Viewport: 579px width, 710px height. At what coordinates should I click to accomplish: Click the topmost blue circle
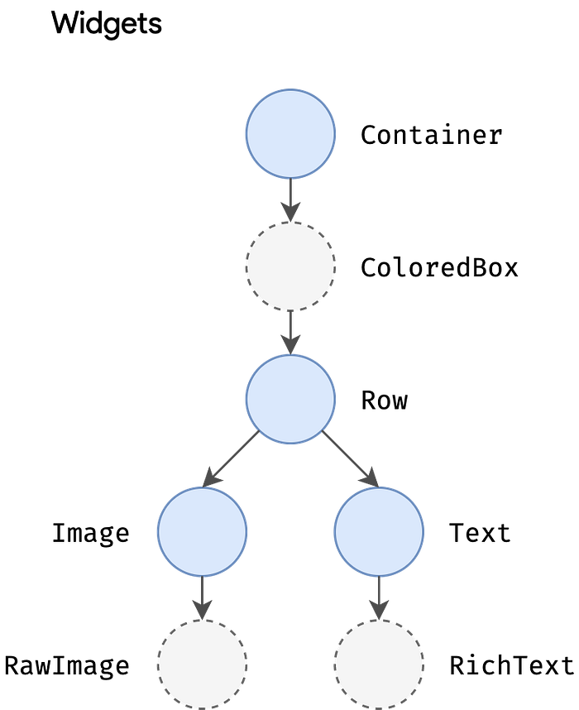290,133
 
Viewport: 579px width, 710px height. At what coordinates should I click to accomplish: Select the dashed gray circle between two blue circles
290,266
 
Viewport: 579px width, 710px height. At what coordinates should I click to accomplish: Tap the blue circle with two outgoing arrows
290,399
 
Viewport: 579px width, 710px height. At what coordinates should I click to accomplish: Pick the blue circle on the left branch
202,531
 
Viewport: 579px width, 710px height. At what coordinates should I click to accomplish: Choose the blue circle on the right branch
379,531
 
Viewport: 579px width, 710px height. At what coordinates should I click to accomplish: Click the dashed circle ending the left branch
202,664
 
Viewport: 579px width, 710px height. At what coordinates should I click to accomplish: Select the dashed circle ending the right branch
379,664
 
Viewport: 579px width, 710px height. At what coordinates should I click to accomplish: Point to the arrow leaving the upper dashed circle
290,329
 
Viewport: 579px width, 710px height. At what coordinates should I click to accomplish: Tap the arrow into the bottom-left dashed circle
202,593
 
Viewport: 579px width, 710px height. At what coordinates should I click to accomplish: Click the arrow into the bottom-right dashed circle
379,593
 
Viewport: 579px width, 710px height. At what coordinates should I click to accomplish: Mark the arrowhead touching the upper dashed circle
290,212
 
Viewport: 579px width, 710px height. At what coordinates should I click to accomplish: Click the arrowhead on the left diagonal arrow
211,477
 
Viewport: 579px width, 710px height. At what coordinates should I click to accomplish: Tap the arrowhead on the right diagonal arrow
371,477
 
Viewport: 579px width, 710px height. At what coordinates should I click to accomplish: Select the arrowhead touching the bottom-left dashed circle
202,609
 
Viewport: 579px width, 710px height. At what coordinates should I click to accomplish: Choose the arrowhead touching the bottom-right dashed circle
379,609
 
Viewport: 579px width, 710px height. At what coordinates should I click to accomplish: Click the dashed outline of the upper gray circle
244,266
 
